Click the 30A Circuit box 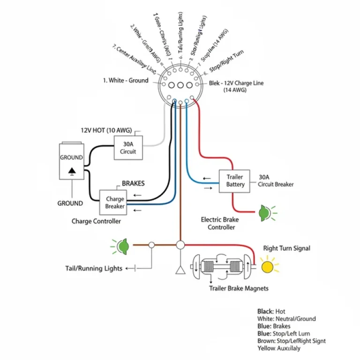click(128, 148)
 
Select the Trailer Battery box click(235, 181)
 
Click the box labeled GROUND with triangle click(71, 161)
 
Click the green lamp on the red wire click(264, 213)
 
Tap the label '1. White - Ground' click(125, 80)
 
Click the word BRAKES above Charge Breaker click(133, 183)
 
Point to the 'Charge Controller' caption click(96, 221)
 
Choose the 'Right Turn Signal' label click(286, 248)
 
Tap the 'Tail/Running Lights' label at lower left click(94, 269)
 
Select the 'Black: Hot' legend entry click(271, 311)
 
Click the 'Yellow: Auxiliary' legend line click(279, 348)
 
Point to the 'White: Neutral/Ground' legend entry click(286, 319)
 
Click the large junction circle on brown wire click(180, 245)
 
